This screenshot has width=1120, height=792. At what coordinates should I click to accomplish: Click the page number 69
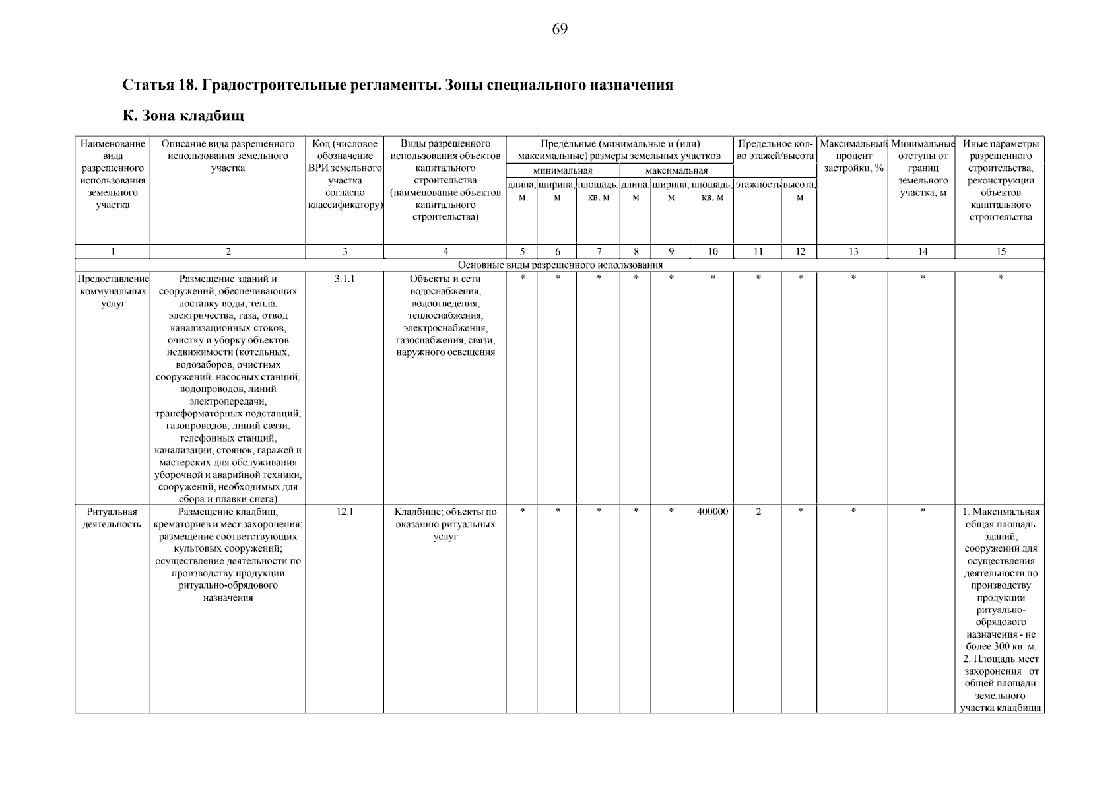559,30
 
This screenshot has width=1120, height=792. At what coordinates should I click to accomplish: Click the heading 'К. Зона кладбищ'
183,116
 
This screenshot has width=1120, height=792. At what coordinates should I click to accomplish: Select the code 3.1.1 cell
344,279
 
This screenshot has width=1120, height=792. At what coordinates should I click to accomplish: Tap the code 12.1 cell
344,511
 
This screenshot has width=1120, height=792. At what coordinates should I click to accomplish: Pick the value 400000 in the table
712,511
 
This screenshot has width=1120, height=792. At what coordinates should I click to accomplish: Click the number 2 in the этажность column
758,511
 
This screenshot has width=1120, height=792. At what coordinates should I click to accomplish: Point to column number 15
1000,251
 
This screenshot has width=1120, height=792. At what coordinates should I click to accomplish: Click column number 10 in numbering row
712,251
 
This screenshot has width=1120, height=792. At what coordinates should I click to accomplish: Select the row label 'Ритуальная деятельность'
112,518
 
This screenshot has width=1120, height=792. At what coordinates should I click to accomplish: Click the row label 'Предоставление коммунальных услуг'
112,291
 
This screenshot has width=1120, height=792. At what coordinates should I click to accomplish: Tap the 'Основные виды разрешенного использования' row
560,265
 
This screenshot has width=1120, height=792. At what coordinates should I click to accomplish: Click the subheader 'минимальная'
562,171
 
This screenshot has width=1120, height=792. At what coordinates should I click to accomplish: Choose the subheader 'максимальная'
676,171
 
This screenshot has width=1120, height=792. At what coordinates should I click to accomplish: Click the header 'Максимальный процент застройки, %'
853,156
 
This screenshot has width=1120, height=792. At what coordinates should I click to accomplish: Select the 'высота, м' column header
799,191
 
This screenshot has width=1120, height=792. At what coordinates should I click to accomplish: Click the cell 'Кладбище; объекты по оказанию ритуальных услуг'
445,524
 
